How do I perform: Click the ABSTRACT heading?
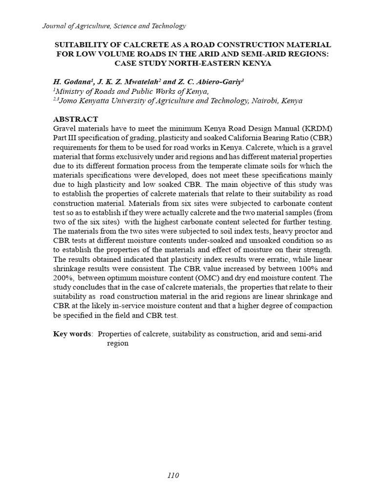pyautogui.click(x=75, y=119)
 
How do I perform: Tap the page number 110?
pyautogui.click(x=173, y=475)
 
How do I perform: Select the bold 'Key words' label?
pyautogui.click(x=72, y=334)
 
